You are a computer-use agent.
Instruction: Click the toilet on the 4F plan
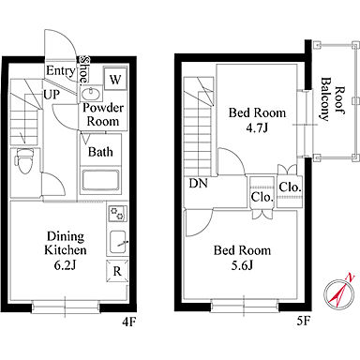coord(24,160)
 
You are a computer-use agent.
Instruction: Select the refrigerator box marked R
coord(117,270)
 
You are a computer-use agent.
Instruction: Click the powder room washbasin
coord(91,93)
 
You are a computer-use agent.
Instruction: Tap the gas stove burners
coord(117,213)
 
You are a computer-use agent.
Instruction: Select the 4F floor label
coord(128,322)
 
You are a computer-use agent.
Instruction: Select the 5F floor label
coord(303,322)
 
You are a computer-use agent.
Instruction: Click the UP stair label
coord(52,94)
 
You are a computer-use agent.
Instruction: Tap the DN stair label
coord(198,183)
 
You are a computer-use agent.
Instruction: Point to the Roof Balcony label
coord(333,99)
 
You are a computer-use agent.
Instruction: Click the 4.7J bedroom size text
coord(257,128)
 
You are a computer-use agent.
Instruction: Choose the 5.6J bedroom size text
coord(242,265)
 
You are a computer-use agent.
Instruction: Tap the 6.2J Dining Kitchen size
coord(66,265)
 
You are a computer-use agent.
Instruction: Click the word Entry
coord(61,71)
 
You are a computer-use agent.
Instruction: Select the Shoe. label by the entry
coord(84,70)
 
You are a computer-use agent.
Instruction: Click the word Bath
coord(100,152)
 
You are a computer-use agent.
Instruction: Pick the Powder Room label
coord(103,114)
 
